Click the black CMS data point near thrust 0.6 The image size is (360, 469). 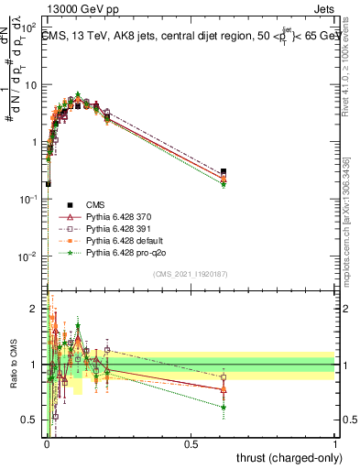(224, 171)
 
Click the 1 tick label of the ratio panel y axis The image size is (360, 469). (34, 365)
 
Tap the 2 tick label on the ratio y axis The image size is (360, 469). (34, 307)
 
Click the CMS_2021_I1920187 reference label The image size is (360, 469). (191, 274)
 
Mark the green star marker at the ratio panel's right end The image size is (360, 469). (224, 407)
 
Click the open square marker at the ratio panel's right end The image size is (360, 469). (224, 376)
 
